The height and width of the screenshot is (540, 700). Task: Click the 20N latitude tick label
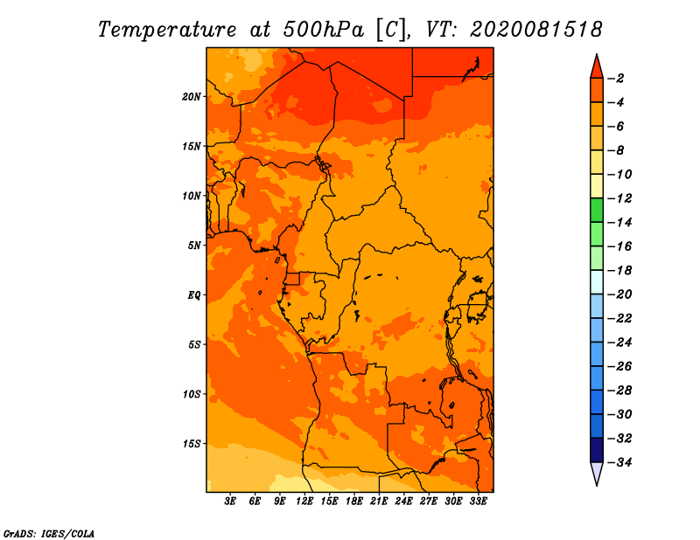pyautogui.click(x=192, y=97)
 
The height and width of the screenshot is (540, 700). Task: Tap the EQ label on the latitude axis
pyautogui.click(x=193, y=295)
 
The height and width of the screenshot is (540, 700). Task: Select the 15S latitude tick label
pyautogui.click(x=192, y=444)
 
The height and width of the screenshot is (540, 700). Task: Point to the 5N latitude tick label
pyautogui.click(x=194, y=246)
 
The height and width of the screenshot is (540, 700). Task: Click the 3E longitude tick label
pyautogui.click(x=230, y=502)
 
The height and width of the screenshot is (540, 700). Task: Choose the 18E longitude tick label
pyautogui.click(x=354, y=502)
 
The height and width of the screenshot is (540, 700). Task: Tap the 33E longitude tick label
pyautogui.click(x=478, y=502)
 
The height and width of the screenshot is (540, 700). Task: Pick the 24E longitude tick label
pyautogui.click(x=403, y=502)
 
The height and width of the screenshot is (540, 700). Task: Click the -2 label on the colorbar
pyautogui.click(x=617, y=79)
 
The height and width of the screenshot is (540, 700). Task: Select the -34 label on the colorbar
pyautogui.click(x=619, y=462)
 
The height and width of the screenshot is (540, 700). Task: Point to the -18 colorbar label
pyautogui.click(x=619, y=271)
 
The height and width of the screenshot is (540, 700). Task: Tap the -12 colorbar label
pyautogui.click(x=619, y=198)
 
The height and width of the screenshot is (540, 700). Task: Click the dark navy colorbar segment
pyautogui.click(x=597, y=450)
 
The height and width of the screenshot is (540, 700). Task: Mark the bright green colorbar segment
pyautogui.click(x=597, y=210)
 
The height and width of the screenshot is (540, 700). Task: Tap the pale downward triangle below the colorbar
pyautogui.click(x=597, y=473)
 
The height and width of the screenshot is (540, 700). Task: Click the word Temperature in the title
pyautogui.click(x=166, y=30)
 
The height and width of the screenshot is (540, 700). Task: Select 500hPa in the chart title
pyautogui.click(x=324, y=30)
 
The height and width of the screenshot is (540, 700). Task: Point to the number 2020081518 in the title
pyautogui.click(x=535, y=30)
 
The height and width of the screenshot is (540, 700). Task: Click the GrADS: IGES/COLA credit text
pyautogui.click(x=49, y=533)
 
